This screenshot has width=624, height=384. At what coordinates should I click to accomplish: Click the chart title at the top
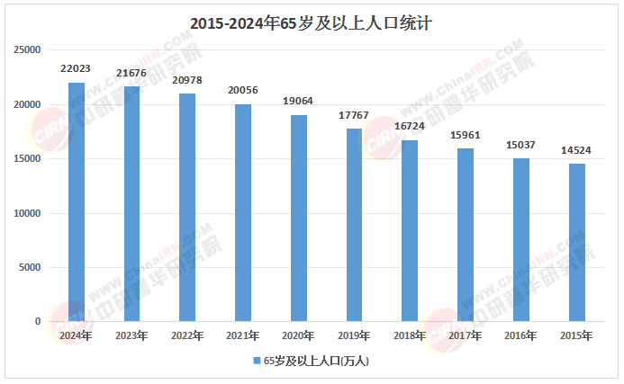[312, 24]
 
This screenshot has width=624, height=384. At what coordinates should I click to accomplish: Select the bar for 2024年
[77, 202]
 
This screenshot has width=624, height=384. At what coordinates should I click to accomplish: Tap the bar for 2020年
[299, 219]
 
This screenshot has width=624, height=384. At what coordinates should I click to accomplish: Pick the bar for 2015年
[576, 243]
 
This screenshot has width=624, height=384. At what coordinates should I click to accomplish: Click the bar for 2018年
[410, 231]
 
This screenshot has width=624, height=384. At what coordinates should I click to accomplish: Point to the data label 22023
[77, 68]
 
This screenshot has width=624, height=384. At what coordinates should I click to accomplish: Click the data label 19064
[299, 101]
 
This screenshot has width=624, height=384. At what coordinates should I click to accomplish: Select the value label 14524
[576, 149]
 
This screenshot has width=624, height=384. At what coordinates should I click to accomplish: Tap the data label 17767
[354, 115]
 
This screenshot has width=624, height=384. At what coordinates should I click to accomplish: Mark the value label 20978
[187, 80]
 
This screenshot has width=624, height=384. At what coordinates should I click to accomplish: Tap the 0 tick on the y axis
[38, 321]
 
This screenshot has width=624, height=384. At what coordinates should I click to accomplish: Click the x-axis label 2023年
[132, 335]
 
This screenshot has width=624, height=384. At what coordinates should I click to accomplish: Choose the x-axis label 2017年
[465, 335]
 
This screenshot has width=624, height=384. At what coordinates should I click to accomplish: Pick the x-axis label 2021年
[243, 335]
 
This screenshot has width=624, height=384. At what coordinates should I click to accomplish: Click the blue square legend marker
[256, 361]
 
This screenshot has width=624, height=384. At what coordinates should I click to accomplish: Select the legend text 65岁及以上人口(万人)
[316, 361]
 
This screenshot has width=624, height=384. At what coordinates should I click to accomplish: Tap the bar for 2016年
[520, 240]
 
